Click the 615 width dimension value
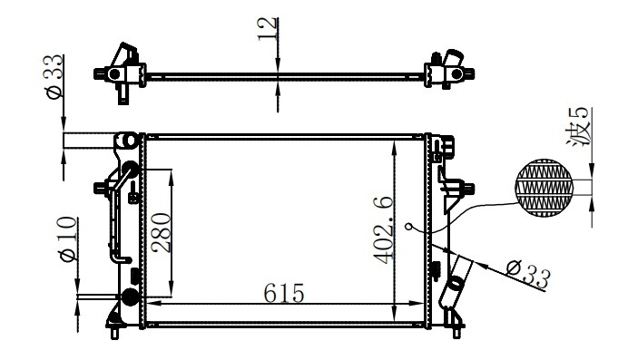coord(284,293)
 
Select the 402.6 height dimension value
coord(384,230)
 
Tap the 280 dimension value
coord(162,232)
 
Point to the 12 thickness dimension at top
coord(268,28)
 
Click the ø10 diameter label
coord(67,239)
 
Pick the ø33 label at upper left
coord(54,76)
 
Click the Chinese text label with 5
coord(578,127)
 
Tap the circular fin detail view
coord(544,188)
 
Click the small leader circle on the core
coord(409,227)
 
